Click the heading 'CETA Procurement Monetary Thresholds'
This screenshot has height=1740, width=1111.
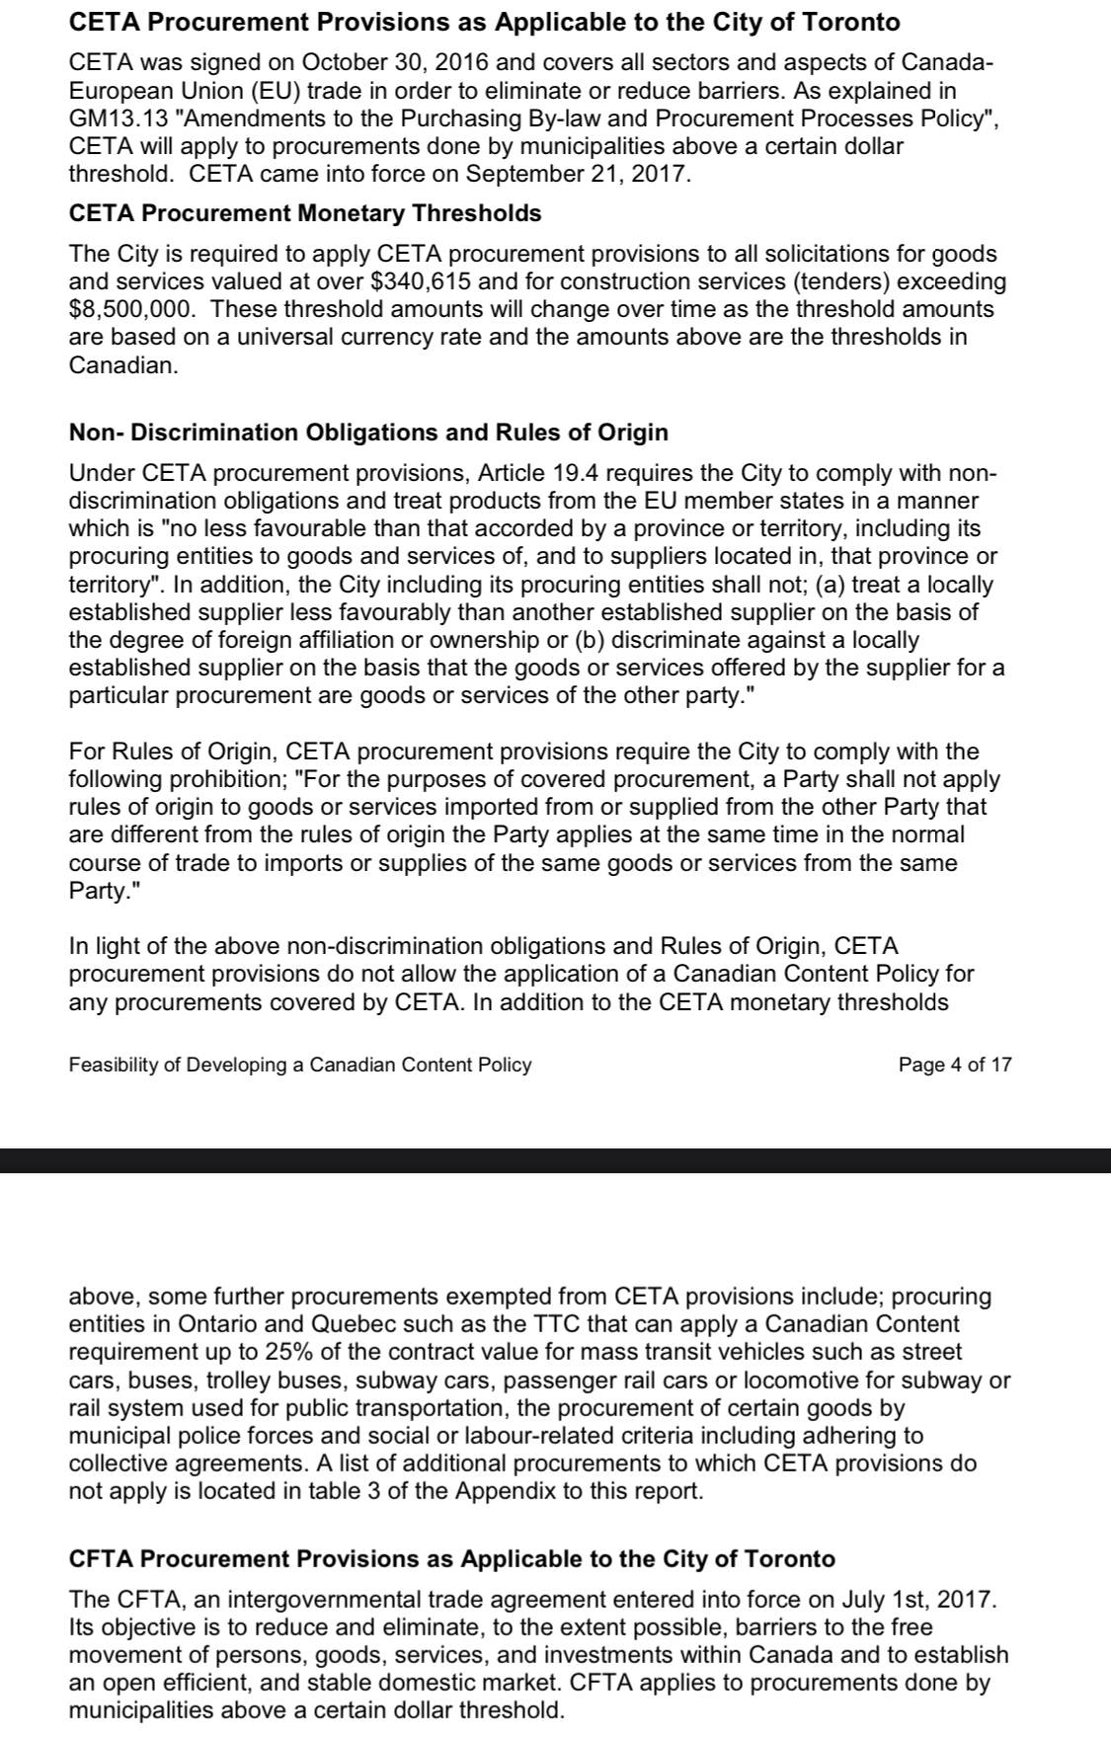tap(305, 213)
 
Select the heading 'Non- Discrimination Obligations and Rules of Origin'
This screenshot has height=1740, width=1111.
tap(368, 433)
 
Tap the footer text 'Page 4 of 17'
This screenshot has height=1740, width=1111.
tap(955, 1065)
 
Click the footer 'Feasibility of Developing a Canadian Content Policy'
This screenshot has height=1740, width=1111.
tap(300, 1065)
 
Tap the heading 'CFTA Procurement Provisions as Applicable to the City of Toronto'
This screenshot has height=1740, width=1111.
tap(452, 1559)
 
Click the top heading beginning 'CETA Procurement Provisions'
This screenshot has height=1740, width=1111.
tap(485, 22)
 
